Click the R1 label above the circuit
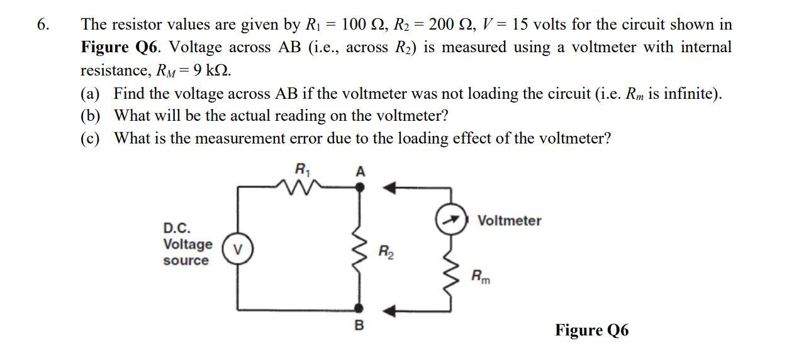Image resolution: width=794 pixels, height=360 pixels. point(303,169)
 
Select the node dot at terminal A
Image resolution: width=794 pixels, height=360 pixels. point(359,186)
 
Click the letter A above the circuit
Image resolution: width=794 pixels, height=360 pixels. point(361,171)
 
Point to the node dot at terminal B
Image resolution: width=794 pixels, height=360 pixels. point(359,308)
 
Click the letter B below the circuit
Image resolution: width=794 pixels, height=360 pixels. point(359,325)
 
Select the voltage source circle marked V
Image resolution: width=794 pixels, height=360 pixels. point(238,250)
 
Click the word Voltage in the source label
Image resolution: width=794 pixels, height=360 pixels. point(187,244)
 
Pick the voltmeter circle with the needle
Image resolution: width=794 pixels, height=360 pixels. point(450,220)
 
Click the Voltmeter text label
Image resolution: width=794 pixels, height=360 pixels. point(509,221)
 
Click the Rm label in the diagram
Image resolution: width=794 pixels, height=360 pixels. point(481,276)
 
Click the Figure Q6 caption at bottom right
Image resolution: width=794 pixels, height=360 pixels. point(591,330)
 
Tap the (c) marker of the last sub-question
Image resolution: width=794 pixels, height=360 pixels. point(91,138)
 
